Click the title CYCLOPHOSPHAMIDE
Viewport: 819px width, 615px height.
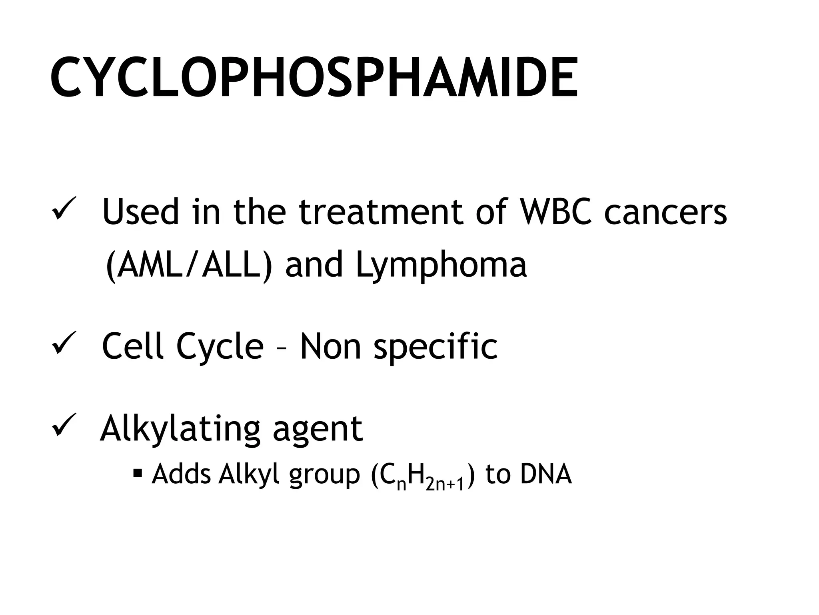pyautogui.click(x=314, y=78)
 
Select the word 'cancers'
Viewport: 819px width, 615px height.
pyautogui.click(x=665, y=212)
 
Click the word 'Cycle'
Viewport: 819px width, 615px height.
pyautogui.click(x=220, y=346)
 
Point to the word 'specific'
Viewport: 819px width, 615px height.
pyautogui.click(x=435, y=346)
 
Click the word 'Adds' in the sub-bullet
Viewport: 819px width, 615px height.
pyautogui.click(x=181, y=474)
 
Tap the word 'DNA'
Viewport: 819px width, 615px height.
pyautogui.click(x=546, y=474)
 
